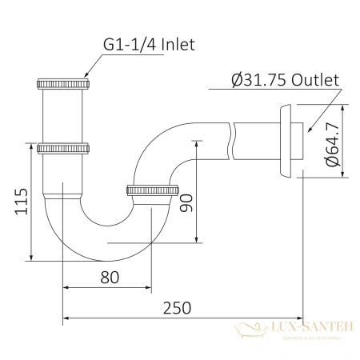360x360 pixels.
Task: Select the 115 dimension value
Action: click(22, 204)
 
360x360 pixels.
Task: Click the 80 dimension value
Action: click(110, 278)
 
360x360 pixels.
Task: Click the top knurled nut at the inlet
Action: click(64, 82)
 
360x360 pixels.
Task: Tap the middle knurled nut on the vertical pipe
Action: click(64, 148)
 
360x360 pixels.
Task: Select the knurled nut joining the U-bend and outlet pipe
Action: click(151, 190)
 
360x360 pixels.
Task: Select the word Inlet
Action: click(178, 46)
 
